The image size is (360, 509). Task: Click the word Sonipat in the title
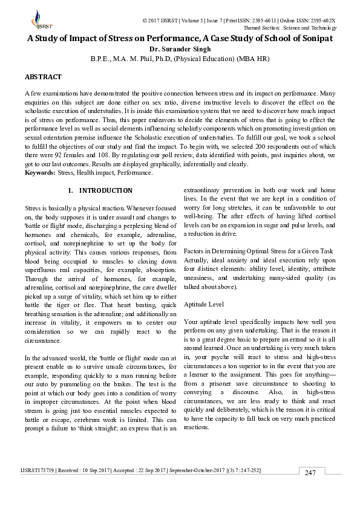(314, 39)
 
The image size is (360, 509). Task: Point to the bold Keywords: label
(39, 173)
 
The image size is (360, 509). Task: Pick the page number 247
(311, 490)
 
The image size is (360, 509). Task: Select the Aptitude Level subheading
(203, 304)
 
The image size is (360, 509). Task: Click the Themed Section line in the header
(289, 28)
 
